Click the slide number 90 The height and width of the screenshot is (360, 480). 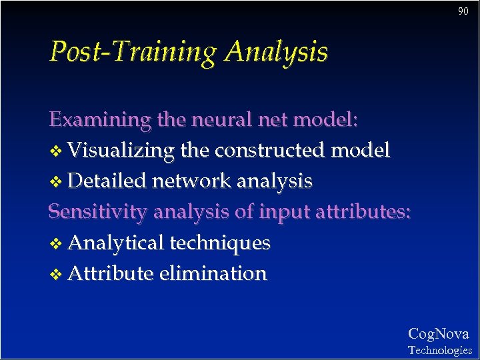pos(463,11)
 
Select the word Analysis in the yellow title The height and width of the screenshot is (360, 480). pos(276,52)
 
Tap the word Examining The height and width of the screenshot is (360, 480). pos(100,120)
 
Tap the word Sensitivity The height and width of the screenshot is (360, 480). pos(99,212)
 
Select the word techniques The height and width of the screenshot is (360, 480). pos(220,243)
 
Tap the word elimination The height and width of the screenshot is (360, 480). pos(213,273)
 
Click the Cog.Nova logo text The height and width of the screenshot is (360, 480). pos(438,333)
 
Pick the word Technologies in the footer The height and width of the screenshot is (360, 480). pos(439,350)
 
